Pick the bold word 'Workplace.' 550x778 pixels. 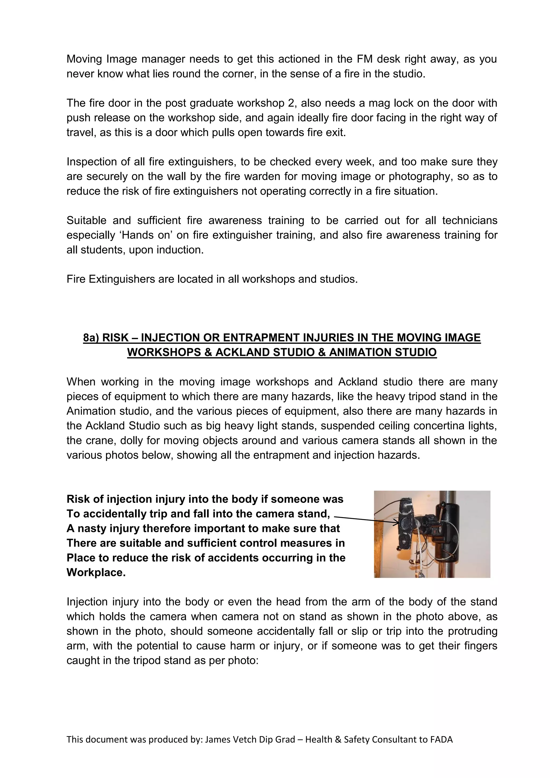pos(96,573)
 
